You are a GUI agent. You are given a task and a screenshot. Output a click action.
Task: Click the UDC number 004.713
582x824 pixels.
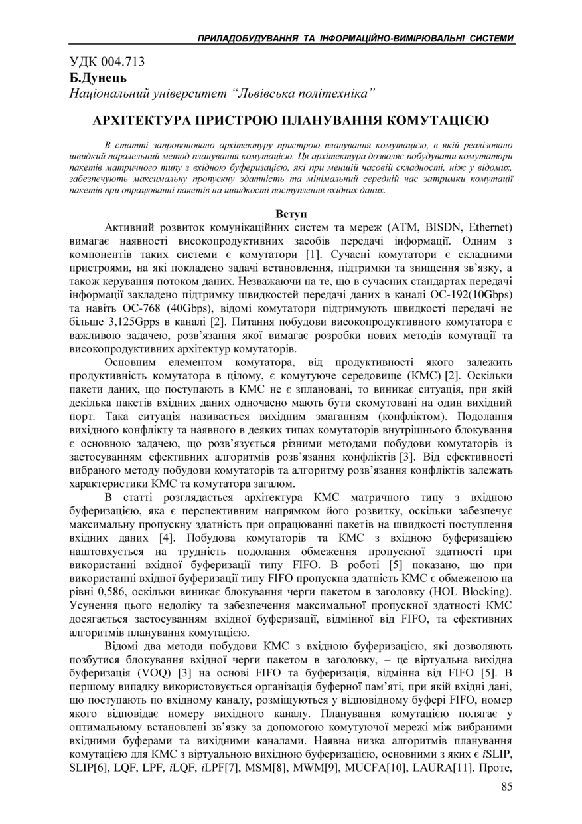[123, 62]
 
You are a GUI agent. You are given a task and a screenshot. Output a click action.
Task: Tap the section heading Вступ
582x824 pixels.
[291, 215]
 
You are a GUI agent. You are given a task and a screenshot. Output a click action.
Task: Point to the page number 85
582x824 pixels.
[506, 788]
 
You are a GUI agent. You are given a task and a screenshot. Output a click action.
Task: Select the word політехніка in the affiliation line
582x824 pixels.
[338, 94]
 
